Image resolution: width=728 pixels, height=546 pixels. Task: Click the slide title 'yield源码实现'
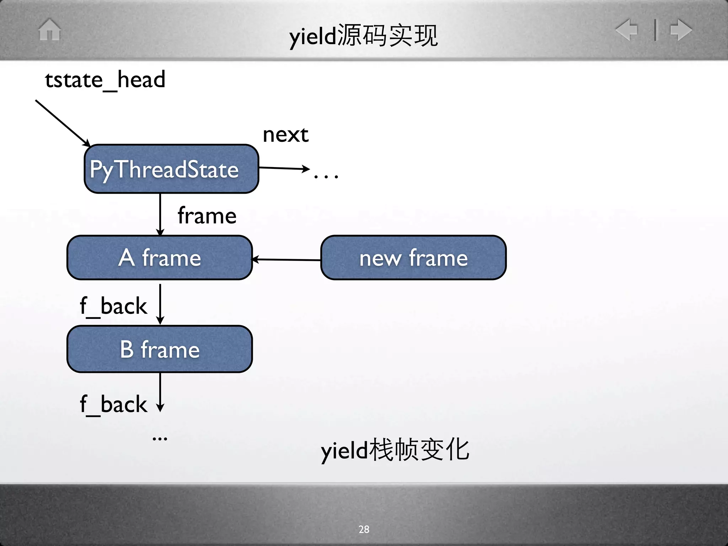point(363,36)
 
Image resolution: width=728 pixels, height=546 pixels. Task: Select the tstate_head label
point(105,80)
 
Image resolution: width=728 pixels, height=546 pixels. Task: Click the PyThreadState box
point(171,169)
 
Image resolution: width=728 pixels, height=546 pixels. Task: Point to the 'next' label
point(285,135)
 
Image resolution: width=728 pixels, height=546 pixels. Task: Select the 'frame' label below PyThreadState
point(207,216)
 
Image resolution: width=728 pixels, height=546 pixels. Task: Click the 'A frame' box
point(160,258)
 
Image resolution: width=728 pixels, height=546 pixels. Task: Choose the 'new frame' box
point(413,258)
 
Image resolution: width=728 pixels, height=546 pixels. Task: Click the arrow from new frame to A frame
point(287,260)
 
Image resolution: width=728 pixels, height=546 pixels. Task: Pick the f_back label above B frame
point(113,306)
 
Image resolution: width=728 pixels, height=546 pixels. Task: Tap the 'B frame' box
point(160,349)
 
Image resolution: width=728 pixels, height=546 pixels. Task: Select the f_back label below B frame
point(113,405)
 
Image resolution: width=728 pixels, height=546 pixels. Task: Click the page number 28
point(364,529)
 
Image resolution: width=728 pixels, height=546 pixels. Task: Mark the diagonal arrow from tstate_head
point(63,123)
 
